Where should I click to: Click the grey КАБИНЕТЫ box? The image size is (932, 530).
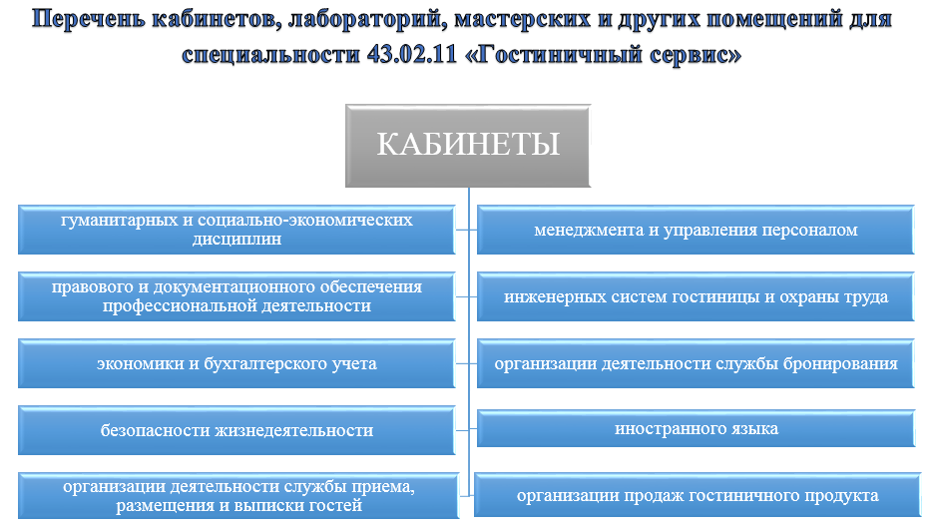[468, 146]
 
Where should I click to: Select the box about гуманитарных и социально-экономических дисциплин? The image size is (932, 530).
[236, 230]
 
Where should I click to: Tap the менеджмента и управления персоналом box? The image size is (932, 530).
[696, 230]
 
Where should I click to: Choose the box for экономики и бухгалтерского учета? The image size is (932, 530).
[236, 363]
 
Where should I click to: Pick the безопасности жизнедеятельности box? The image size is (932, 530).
[236, 430]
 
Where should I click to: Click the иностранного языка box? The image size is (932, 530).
[697, 428]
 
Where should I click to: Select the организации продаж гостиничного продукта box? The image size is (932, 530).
[698, 495]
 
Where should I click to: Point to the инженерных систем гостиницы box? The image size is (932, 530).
[696, 296]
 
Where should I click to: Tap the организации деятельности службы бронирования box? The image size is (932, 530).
[696, 363]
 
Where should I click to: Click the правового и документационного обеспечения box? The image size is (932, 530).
[236, 296]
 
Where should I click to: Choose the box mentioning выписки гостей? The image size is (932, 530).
[238, 495]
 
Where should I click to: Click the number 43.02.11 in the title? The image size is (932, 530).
[411, 54]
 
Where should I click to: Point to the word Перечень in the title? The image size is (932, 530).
[89, 20]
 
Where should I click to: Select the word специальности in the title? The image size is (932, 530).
[271, 55]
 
